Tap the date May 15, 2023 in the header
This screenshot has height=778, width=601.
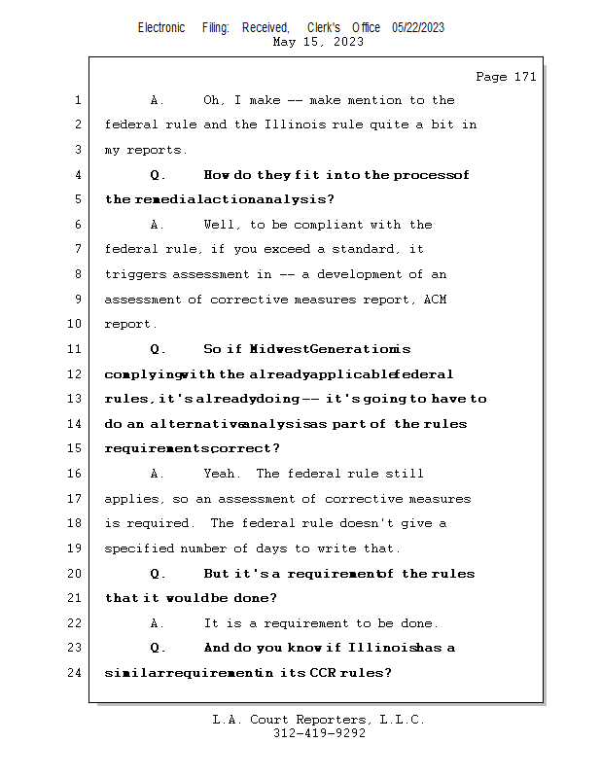(319, 42)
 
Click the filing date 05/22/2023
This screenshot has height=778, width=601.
(418, 27)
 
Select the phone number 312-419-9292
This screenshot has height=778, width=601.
(319, 733)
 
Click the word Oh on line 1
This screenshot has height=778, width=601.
(213, 100)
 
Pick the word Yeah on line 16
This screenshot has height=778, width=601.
(222, 474)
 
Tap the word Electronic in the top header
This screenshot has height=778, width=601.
(161, 27)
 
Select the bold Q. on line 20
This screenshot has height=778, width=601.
(158, 574)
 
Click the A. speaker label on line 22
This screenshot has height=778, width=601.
(158, 623)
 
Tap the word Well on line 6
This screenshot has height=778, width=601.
(221, 225)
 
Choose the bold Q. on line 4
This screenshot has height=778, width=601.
(158, 175)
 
